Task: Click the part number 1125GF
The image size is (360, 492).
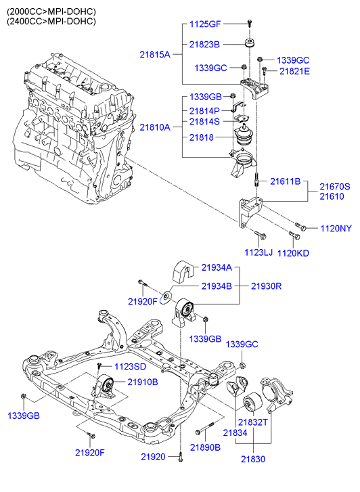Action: pyautogui.click(x=205, y=24)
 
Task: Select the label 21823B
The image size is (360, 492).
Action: pyautogui.click(x=204, y=44)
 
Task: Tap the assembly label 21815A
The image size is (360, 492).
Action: pyautogui.click(x=155, y=55)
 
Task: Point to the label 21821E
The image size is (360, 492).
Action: pyautogui.click(x=294, y=71)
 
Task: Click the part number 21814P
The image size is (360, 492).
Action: pyautogui.click(x=204, y=111)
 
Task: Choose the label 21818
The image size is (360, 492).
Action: pyautogui.click(x=201, y=137)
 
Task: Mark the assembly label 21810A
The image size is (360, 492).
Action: pyautogui.click(x=155, y=127)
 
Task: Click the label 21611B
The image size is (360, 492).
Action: pyautogui.click(x=286, y=181)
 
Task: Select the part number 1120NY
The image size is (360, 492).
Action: pyautogui.click(x=336, y=228)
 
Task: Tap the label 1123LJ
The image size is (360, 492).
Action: pyautogui.click(x=258, y=252)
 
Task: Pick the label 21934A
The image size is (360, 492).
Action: pyautogui.click(x=217, y=267)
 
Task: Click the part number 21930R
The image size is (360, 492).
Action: pyautogui.click(x=266, y=286)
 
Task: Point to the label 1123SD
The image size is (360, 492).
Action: pyautogui.click(x=130, y=366)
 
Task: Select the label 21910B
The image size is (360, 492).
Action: pyautogui.click(x=143, y=382)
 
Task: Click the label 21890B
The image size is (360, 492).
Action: pyautogui.click(x=205, y=447)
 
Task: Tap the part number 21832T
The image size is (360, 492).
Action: pyautogui.click(x=252, y=422)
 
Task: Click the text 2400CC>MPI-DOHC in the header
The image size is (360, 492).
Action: pyautogui.click(x=51, y=22)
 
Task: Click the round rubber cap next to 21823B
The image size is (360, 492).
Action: pyautogui.click(x=250, y=43)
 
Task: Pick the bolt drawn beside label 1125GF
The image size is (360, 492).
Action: pyautogui.click(x=250, y=23)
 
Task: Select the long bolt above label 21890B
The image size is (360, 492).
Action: pyautogui.click(x=204, y=428)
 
